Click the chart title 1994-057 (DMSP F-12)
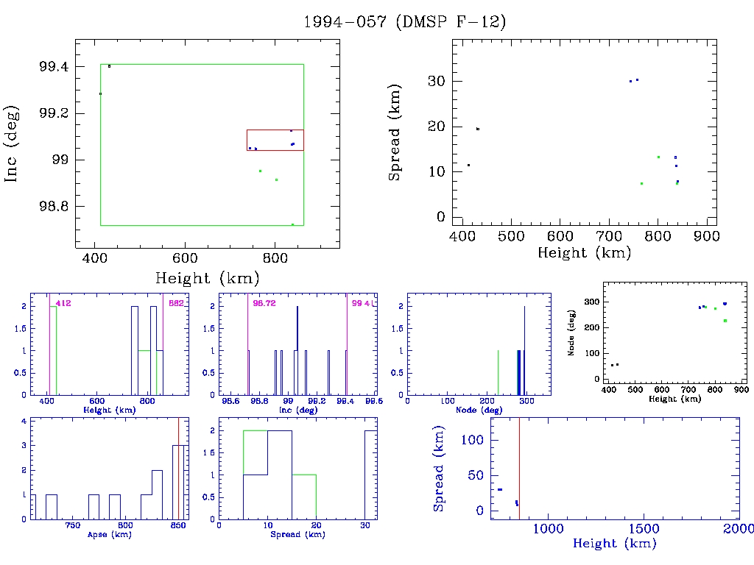coord(404,22)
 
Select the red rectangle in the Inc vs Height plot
coord(275,130)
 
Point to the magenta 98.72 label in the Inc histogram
coord(264,303)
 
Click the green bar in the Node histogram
coord(498,372)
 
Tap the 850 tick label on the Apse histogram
coord(178,526)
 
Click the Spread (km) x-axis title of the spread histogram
coord(296,533)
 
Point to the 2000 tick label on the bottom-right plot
coord(738,528)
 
